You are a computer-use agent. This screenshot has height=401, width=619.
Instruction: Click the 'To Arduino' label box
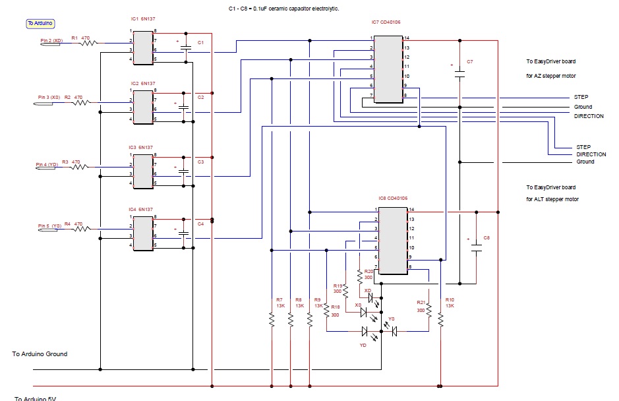(x=40, y=23)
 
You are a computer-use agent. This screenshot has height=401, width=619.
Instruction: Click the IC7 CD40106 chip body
(x=388, y=69)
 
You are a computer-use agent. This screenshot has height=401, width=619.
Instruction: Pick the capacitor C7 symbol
(x=460, y=74)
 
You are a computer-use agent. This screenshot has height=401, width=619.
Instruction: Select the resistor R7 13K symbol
(x=271, y=319)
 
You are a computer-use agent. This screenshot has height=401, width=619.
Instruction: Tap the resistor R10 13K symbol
(x=440, y=319)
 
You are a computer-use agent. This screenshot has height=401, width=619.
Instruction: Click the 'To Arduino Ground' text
(x=40, y=354)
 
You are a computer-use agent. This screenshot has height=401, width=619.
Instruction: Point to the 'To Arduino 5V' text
(x=36, y=398)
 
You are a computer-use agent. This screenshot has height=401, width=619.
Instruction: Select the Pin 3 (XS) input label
(x=48, y=98)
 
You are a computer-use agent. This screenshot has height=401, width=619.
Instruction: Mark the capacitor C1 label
(x=200, y=43)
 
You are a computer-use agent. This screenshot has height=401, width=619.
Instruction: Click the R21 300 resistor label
(x=420, y=305)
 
